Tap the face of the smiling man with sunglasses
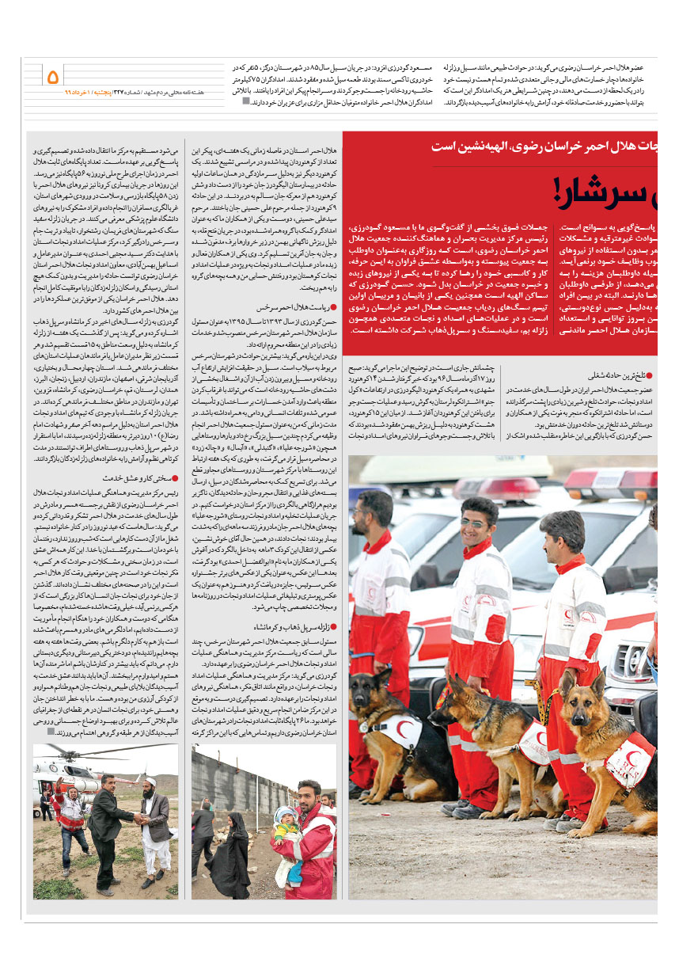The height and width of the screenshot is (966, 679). pos(476,522)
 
